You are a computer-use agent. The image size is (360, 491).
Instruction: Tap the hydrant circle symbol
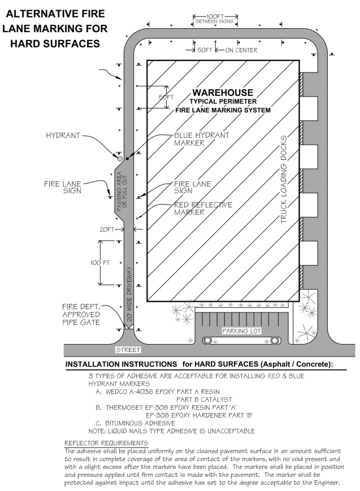pyautogui.click(x=120, y=159)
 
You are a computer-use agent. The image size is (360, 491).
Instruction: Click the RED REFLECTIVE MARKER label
pyautogui.click(x=203, y=208)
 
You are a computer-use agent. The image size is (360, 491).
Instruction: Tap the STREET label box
pyautogui.click(x=128, y=350)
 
